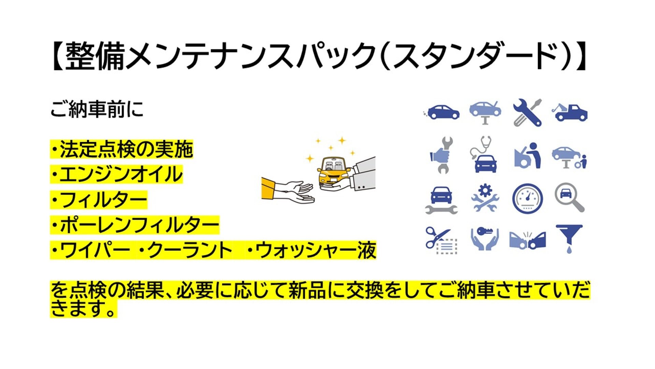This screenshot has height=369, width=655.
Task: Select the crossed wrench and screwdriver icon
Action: pos(527,113)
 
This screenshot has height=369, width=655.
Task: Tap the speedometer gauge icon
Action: pos(527,199)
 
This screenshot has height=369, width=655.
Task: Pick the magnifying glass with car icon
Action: pos(569,197)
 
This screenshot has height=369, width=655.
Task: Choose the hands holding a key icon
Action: pos(484,239)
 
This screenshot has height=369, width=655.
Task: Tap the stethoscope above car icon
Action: pos(484,154)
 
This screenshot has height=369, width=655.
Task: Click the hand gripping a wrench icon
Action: pos(442,155)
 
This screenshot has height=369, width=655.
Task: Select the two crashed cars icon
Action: pos(527,240)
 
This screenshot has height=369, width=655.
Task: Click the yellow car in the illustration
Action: pos(333,172)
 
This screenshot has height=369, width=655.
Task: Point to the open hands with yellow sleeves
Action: pos(288,192)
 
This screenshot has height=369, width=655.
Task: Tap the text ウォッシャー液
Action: pos(312,250)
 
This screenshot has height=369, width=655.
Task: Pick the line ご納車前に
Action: pos(97,109)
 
